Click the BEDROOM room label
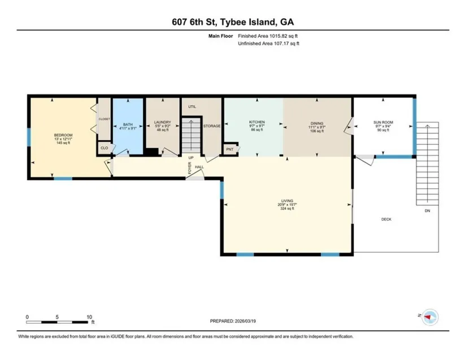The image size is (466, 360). tap(63, 135)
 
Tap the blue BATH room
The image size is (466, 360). tap(128, 127)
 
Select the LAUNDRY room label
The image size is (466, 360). tap(163, 122)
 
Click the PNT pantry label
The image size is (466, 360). tap(230, 149)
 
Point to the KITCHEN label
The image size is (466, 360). tap(257, 122)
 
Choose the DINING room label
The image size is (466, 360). tap(317, 123)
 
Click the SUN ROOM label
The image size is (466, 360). tap(383, 122)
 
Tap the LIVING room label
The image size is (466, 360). tap(287, 201)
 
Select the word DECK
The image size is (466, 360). tap(386, 219)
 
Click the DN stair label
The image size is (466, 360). tap(428, 211)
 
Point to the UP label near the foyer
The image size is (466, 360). tap(191, 158)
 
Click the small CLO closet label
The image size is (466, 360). tap(104, 148)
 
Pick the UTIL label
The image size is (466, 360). tap(192, 107)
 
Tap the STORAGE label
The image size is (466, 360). tap(212, 126)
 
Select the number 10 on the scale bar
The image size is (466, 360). tap(89, 317)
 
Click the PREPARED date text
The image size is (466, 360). tap(233, 321)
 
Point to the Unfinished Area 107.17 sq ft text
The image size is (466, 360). tap(268, 44)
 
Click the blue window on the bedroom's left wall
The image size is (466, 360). tap(29, 137)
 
